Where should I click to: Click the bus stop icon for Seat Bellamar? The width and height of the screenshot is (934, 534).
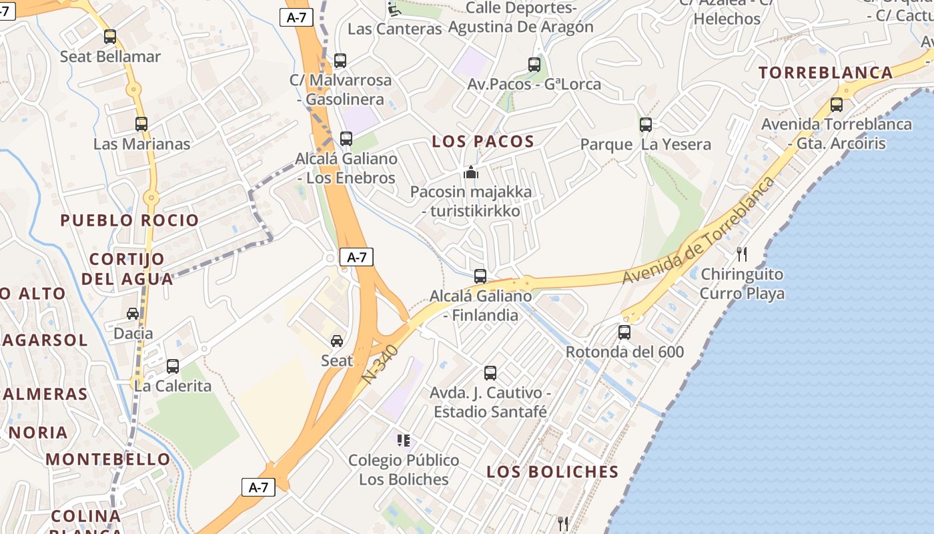click(110, 37)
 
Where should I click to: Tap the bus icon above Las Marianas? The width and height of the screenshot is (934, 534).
click(141, 123)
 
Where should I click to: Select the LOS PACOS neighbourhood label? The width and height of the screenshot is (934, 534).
click(483, 142)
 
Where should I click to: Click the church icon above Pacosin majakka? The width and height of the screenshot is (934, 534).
click(471, 172)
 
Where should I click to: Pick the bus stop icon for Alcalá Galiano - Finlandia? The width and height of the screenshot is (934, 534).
click(480, 276)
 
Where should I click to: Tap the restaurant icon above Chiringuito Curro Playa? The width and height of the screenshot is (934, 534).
click(742, 254)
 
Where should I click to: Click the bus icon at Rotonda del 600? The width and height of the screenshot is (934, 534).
click(624, 332)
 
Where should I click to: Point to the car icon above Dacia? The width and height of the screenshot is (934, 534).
click(133, 313)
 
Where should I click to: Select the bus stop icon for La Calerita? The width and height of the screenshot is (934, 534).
click(173, 366)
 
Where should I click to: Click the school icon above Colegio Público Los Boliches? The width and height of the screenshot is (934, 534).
click(404, 441)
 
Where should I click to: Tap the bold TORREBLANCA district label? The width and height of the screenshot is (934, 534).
click(825, 73)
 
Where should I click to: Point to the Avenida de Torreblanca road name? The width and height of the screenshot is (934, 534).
click(700, 230)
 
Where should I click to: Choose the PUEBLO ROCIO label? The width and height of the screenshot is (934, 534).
click(129, 220)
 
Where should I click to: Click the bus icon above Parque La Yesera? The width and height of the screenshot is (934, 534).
click(645, 124)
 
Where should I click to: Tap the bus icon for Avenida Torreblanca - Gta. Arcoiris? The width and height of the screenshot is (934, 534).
click(836, 104)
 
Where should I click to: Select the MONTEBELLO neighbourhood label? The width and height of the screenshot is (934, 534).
click(108, 459)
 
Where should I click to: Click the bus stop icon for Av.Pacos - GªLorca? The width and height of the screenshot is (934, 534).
click(534, 65)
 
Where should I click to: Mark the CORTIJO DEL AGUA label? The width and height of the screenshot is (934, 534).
click(127, 268)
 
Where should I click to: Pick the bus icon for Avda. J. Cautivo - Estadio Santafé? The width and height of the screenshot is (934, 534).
click(490, 372)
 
